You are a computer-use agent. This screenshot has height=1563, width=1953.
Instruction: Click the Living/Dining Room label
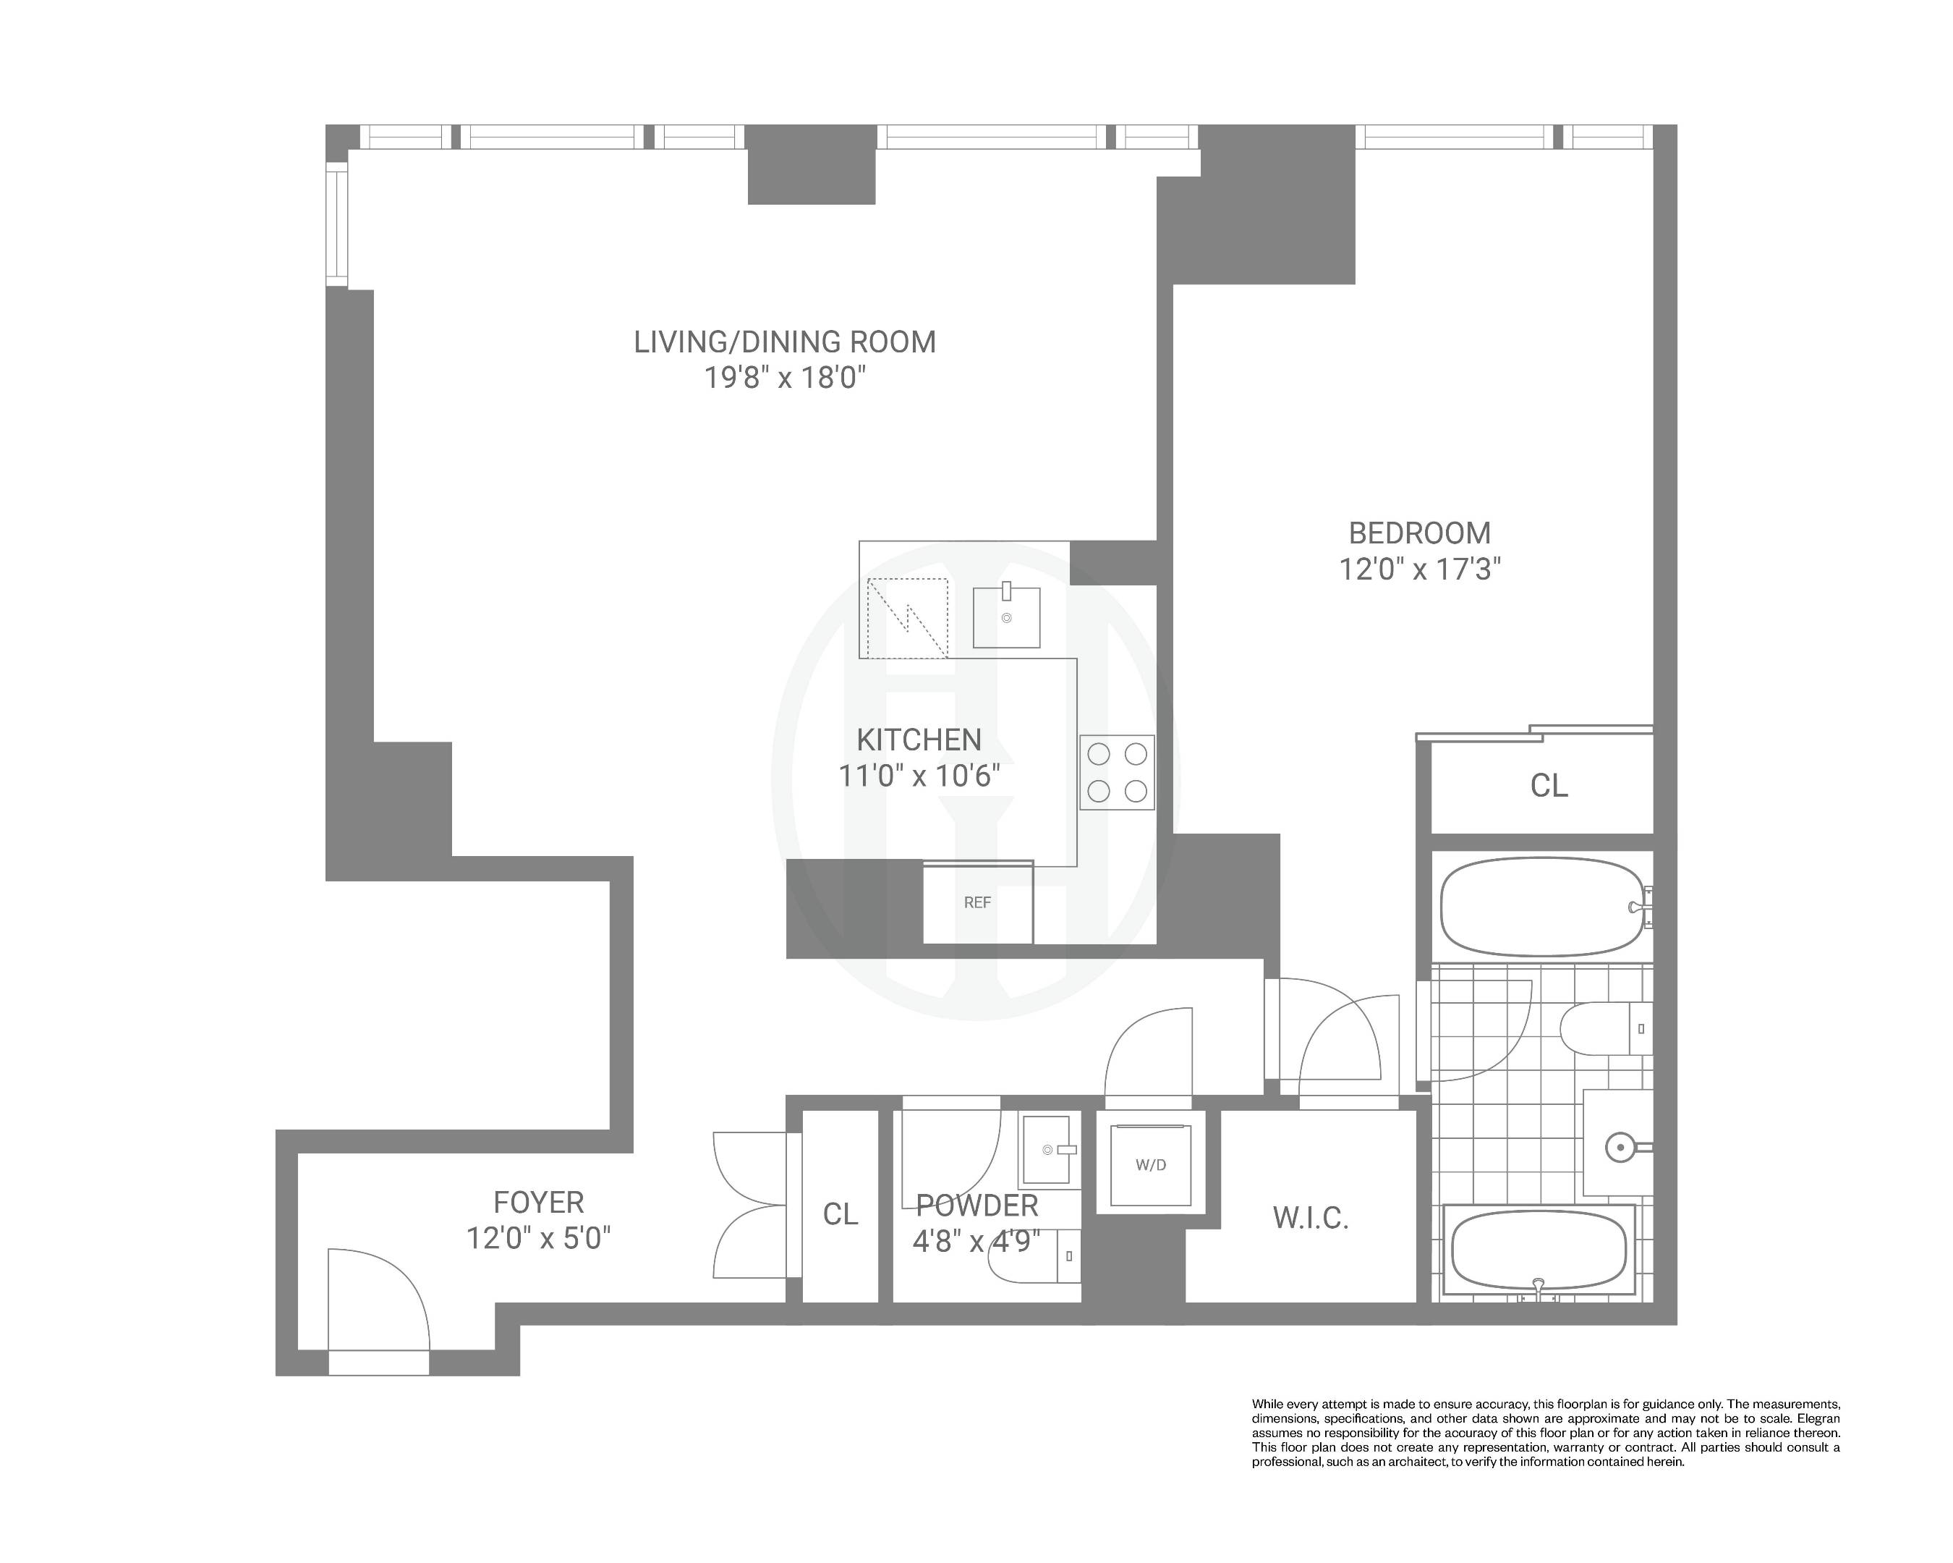pos(785,342)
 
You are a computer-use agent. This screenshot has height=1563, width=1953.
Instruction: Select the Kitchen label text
pos(919,740)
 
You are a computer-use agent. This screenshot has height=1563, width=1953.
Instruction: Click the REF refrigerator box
pos(977,902)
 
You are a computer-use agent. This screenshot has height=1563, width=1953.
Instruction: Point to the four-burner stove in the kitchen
pos(1117,772)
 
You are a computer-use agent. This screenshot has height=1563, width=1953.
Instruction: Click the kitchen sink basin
pos(1006,618)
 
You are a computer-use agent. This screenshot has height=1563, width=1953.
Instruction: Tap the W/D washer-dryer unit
pos(1150,1165)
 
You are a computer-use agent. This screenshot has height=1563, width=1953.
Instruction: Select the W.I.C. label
pos(1310,1219)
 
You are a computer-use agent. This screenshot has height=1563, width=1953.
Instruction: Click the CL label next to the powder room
pos(840,1215)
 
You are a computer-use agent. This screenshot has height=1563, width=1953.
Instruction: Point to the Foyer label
pos(538,1203)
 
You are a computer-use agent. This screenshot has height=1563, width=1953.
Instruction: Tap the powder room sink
pos(1050,1151)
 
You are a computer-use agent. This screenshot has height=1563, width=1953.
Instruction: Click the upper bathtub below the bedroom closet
pos(1540,907)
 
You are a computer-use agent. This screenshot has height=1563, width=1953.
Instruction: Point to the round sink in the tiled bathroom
pos(1620,1148)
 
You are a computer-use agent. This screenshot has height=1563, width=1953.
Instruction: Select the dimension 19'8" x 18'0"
pos(786,378)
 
